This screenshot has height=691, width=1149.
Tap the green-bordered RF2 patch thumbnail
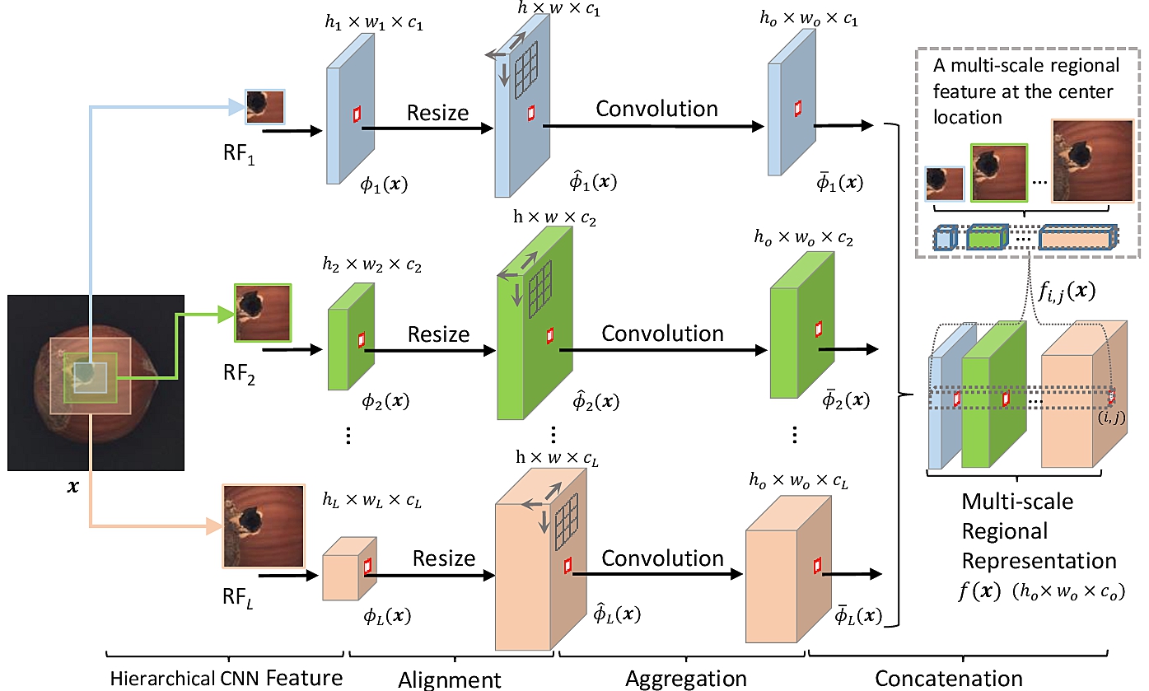pos(263,312)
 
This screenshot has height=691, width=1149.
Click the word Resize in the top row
pos(437,113)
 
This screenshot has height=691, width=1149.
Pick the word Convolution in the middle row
pos(662,334)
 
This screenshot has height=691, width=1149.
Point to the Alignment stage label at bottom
pos(449,679)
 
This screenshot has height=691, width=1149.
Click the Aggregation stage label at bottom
pos(686,679)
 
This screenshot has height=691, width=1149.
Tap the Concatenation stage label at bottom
pos(948,679)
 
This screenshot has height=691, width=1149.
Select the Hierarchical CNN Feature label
pos(227,679)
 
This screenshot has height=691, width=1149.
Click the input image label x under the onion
pos(73,488)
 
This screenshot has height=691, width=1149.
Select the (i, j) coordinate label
pos(1111,418)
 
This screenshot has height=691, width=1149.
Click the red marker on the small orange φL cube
pos(367,565)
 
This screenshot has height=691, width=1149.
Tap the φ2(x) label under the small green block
pos(385,402)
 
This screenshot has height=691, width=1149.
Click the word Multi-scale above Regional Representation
pos(1017,500)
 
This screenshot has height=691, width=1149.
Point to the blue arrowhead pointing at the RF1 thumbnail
pos(236,104)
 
